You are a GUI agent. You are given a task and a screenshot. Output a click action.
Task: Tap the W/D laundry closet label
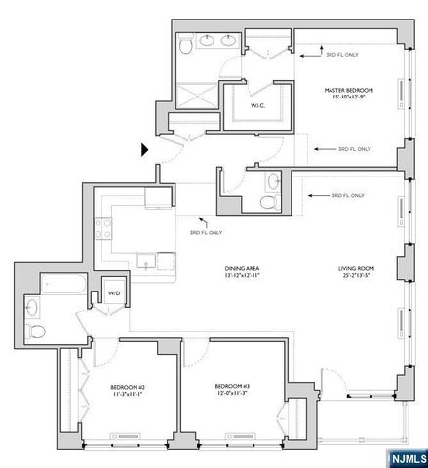[x=113, y=292]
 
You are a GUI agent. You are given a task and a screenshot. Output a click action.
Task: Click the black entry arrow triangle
[x=145, y=149]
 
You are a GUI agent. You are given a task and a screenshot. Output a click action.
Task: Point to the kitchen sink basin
[x=144, y=261]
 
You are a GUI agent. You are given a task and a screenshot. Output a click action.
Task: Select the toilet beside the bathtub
[x=36, y=331]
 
